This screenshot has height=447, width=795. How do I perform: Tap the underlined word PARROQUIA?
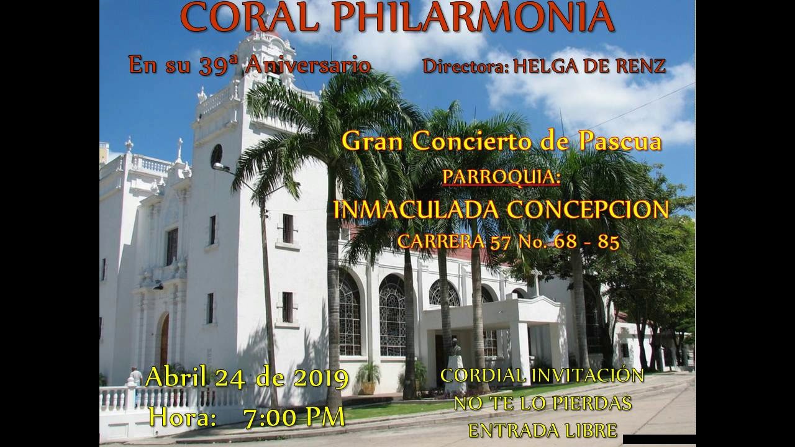coord(501,177)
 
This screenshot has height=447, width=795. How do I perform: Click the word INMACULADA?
coord(416,210)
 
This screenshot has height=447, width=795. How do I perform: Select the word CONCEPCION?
coord(588,210)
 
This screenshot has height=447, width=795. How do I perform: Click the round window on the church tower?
coord(216,154)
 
